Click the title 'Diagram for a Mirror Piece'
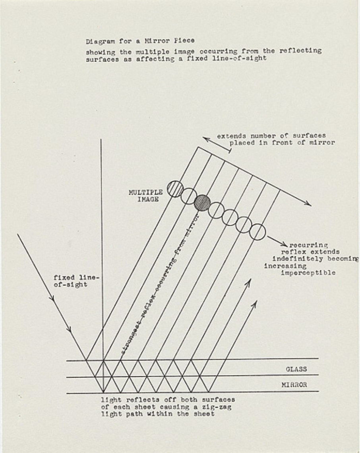[x=140, y=41]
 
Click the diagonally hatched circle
[x=175, y=188]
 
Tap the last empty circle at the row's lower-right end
[x=258, y=232]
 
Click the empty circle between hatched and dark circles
[x=189, y=196]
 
